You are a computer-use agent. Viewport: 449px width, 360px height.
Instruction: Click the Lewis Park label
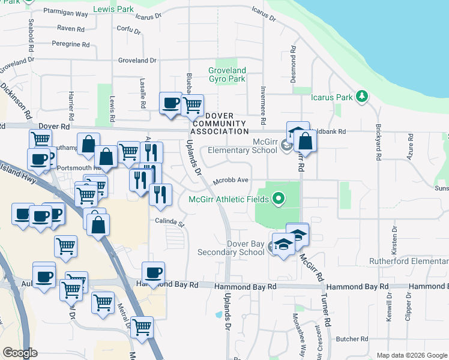tap(114, 10)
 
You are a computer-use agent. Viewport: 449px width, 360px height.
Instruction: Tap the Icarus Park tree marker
tap(361, 96)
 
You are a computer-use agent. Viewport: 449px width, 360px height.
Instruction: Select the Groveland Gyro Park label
tap(227, 74)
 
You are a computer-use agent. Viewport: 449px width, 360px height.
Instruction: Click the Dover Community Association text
tap(219, 124)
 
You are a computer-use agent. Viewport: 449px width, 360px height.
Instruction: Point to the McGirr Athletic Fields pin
tap(277, 198)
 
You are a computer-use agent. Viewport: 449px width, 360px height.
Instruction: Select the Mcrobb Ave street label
tap(233, 180)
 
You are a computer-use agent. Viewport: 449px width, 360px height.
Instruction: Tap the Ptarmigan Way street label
tap(67, 13)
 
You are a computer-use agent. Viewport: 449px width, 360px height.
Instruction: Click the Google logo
tap(20, 353)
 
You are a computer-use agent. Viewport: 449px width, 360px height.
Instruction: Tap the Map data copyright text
tap(411, 355)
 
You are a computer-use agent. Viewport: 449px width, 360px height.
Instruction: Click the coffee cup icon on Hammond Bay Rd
tap(153, 273)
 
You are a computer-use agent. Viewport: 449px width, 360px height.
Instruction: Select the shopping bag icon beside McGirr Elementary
tap(305, 142)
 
